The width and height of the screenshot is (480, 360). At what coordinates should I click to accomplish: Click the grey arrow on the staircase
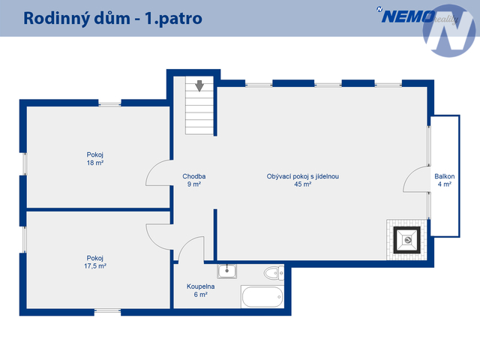[199, 86]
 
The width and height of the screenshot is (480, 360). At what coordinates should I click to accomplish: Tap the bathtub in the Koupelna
[262, 297]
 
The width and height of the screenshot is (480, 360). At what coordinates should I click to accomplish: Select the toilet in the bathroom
[274, 273]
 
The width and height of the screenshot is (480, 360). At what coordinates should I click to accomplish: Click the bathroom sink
[226, 271]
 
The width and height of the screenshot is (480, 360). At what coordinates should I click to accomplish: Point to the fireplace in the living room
[406, 240]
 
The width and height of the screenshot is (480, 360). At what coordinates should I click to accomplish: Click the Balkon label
[445, 176]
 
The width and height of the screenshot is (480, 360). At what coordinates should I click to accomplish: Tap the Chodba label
[194, 176]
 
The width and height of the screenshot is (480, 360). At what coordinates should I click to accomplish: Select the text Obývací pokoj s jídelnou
[303, 176]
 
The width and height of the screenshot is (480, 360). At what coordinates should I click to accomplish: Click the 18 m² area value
[95, 163]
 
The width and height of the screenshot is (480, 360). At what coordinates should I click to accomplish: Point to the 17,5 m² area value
[95, 266]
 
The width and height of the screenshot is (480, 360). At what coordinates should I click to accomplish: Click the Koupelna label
[200, 286]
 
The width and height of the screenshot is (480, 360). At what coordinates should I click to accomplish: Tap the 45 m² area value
[303, 184]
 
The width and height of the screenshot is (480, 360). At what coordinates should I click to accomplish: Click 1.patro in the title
[173, 19]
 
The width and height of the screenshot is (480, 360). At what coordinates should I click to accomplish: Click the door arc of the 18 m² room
[158, 172]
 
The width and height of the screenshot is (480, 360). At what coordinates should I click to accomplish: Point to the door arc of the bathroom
[191, 249]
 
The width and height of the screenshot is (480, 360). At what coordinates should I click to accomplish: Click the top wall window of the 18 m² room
[109, 104]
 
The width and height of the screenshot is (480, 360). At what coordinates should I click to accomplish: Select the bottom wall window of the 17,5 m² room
[107, 311]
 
